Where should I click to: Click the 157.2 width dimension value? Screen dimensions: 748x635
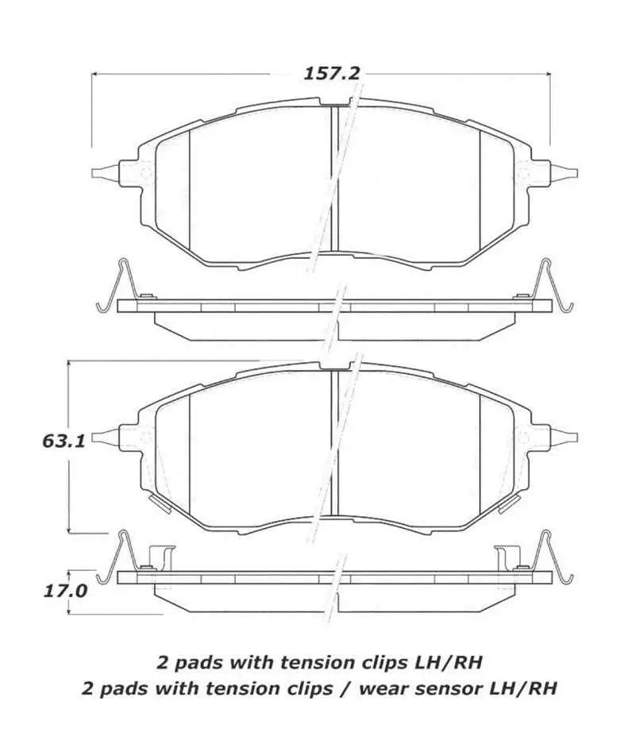[x=332, y=74]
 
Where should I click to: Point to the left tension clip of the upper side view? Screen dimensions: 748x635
[x=114, y=287]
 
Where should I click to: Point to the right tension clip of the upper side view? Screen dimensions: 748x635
[x=552, y=287]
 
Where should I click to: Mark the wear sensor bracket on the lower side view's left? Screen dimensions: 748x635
[x=162, y=557]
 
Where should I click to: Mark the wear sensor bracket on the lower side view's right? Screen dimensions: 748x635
[x=506, y=557]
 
